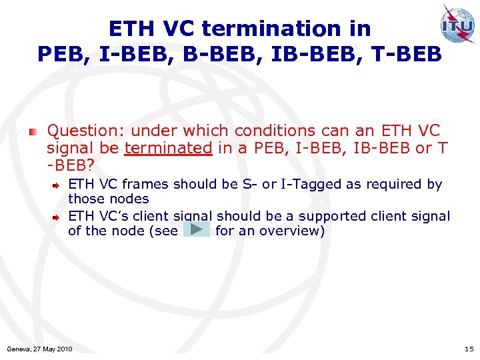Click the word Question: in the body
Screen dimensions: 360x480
(x=85, y=131)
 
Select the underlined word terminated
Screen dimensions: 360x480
(x=168, y=148)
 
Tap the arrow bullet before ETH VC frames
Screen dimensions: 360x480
(x=59, y=184)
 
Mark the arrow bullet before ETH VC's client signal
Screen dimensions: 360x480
(x=59, y=216)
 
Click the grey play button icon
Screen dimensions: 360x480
(x=196, y=230)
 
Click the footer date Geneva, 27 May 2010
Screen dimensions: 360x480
(x=39, y=349)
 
